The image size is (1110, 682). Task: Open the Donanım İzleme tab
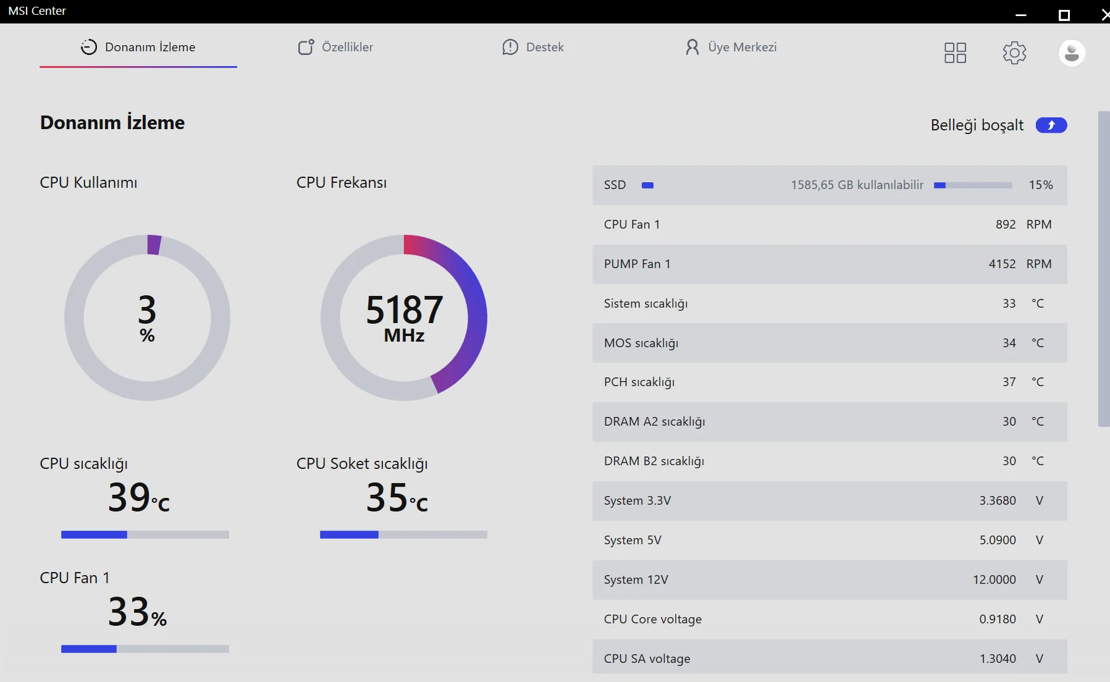[x=138, y=48]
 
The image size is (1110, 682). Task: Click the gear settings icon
[x=1014, y=53]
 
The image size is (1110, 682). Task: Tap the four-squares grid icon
[x=955, y=53]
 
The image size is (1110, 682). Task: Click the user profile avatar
[x=1072, y=53]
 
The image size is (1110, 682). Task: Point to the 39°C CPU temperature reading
[x=138, y=497]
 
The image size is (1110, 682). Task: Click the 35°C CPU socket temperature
[x=397, y=497]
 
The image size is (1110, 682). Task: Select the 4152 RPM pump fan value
[x=1002, y=264]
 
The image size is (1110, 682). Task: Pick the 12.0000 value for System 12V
[x=994, y=580]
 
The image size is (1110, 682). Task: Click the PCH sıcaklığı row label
[x=639, y=382]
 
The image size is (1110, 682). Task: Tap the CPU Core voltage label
[x=653, y=620]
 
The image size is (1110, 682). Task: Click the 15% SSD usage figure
[x=1041, y=185]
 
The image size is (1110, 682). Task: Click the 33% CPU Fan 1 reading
[x=137, y=612]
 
